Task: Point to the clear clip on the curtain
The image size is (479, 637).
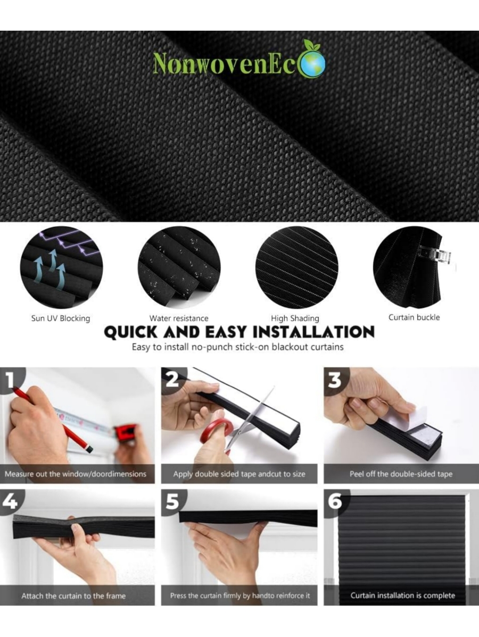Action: point(434,255)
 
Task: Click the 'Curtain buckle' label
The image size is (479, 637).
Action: point(414,317)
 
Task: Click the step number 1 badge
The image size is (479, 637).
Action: point(12,381)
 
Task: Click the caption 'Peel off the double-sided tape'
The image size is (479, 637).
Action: point(401,474)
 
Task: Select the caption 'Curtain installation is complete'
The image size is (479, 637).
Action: point(402,595)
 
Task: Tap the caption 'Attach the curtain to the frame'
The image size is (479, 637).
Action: point(73,596)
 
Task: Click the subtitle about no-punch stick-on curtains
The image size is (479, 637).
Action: point(238,347)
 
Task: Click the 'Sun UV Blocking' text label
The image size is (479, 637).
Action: point(61,318)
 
